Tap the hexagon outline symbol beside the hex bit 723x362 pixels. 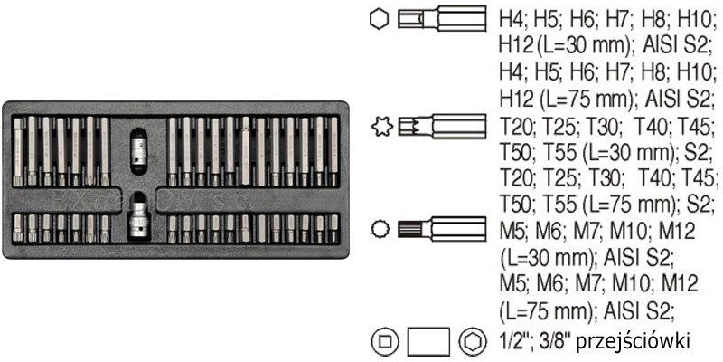(x=380, y=19)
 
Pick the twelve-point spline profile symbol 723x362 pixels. (x=380, y=229)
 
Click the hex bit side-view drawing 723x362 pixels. (x=442, y=19)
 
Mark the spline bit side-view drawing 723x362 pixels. (x=442, y=229)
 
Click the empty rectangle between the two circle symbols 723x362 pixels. (x=429, y=342)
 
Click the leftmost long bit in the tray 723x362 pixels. (x=17, y=152)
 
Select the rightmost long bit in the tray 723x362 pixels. (x=333, y=151)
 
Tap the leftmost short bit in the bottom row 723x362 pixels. (x=17, y=229)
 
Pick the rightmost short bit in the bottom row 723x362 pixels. (x=333, y=228)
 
